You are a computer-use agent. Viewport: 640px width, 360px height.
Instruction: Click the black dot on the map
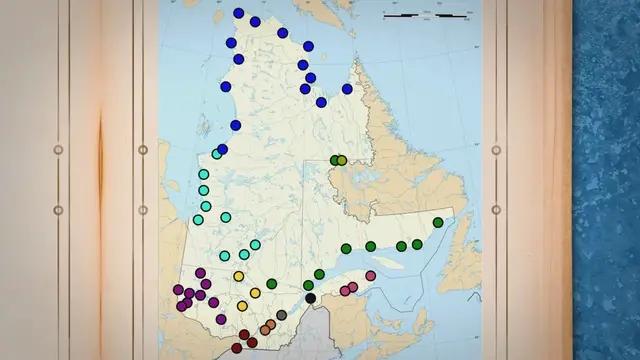point(311,298)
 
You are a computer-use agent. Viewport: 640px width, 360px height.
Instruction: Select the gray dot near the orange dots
point(282,316)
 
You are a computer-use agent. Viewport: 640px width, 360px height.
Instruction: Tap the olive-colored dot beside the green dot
point(342,160)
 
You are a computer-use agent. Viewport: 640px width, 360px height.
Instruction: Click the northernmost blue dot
point(238,14)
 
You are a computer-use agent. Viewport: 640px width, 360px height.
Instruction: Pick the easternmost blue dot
point(347,89)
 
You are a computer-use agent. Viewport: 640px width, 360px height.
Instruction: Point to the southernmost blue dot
point(222,149)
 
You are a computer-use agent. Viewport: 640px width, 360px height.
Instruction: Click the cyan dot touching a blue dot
point(216,154)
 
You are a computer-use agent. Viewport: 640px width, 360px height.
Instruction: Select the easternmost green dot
point(438,223)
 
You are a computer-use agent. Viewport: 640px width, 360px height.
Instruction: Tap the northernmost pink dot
point(371,275)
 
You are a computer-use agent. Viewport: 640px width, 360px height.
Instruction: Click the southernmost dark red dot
point(237,348)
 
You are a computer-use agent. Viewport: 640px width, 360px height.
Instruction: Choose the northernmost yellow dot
point(239,276)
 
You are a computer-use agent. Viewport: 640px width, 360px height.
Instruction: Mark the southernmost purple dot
point(221,319)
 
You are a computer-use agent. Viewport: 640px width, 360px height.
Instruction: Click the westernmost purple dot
point(179,290)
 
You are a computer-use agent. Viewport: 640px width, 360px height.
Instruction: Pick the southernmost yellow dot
point(242,306)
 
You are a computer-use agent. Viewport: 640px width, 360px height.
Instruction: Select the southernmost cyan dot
point(225,256)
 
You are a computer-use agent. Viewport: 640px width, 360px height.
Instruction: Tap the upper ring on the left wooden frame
point(58,150)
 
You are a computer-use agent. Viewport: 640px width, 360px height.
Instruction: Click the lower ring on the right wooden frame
point(496,210)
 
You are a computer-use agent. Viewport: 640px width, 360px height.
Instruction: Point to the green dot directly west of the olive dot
point(334,160)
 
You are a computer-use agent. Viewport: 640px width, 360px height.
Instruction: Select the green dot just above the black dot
point(309,286)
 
